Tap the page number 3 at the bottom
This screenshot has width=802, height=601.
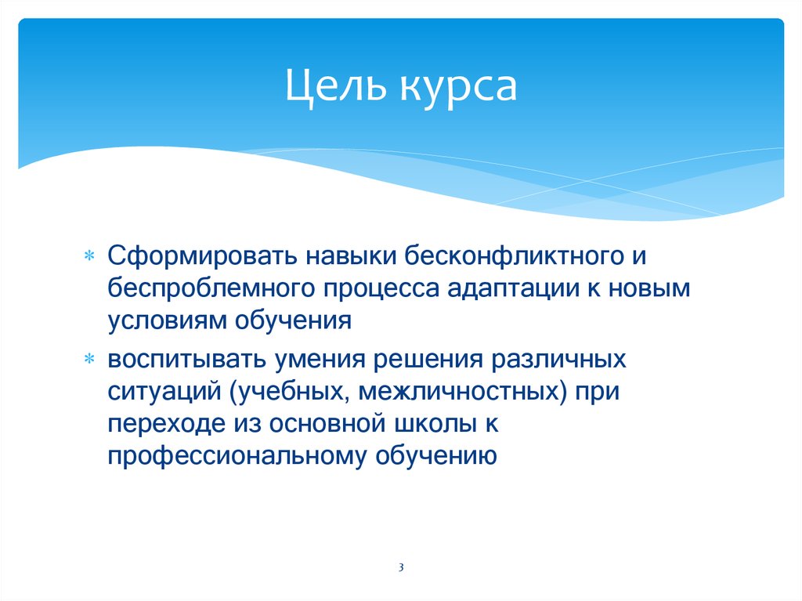pos(400,567)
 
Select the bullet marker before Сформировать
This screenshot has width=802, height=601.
pos(89,256)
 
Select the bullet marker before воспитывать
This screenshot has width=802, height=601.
pos(89,359)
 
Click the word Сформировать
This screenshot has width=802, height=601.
pos(200,255)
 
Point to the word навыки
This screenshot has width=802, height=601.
pos(349,255)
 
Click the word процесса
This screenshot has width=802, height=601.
pos(375,288)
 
